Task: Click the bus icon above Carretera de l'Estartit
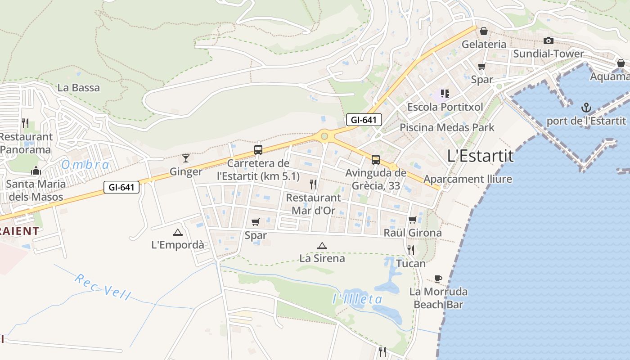pyautogui.click(x=258, y=150)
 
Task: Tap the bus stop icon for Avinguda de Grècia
pyautogui.click(x=375, y=159)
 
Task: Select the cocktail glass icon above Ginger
pyautogui.click(x=185, y=158)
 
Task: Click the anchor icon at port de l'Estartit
pyautogui.click(x=586, y=108)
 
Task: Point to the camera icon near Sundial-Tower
pyautogui.click(x=548, y=40)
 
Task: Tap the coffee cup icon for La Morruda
pyautogui.click(x=438, y=279)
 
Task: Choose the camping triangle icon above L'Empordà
pyautogui.click(x=178, y=232)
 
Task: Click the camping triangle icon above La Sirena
pyautogui.click(x=322, y=246)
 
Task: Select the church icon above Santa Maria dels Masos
pyautogui.click(x=36, y=171)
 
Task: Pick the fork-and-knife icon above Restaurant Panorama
pyautogui.click(x=25, y=123)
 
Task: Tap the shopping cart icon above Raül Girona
pyautogui.click(x=412, y=220)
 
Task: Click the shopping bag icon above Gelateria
pyautogui.click(x=484, y=31)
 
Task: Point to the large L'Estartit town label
pyautogui.click(x=480, y=156)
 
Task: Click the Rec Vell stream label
pyautogui.click(x=103, y=287)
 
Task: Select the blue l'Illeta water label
pyautogui.click(x=357, y=299)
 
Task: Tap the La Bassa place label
pyautogui.click(x=79, y=87)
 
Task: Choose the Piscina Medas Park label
pyautogui.click(x=447, y=127)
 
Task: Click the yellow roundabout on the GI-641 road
pyautogui.click(x=324, y=135)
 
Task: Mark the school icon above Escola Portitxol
pyautogui.click(x=445, y=94)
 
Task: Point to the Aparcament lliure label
pyautogui.click(x=468, y=179)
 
